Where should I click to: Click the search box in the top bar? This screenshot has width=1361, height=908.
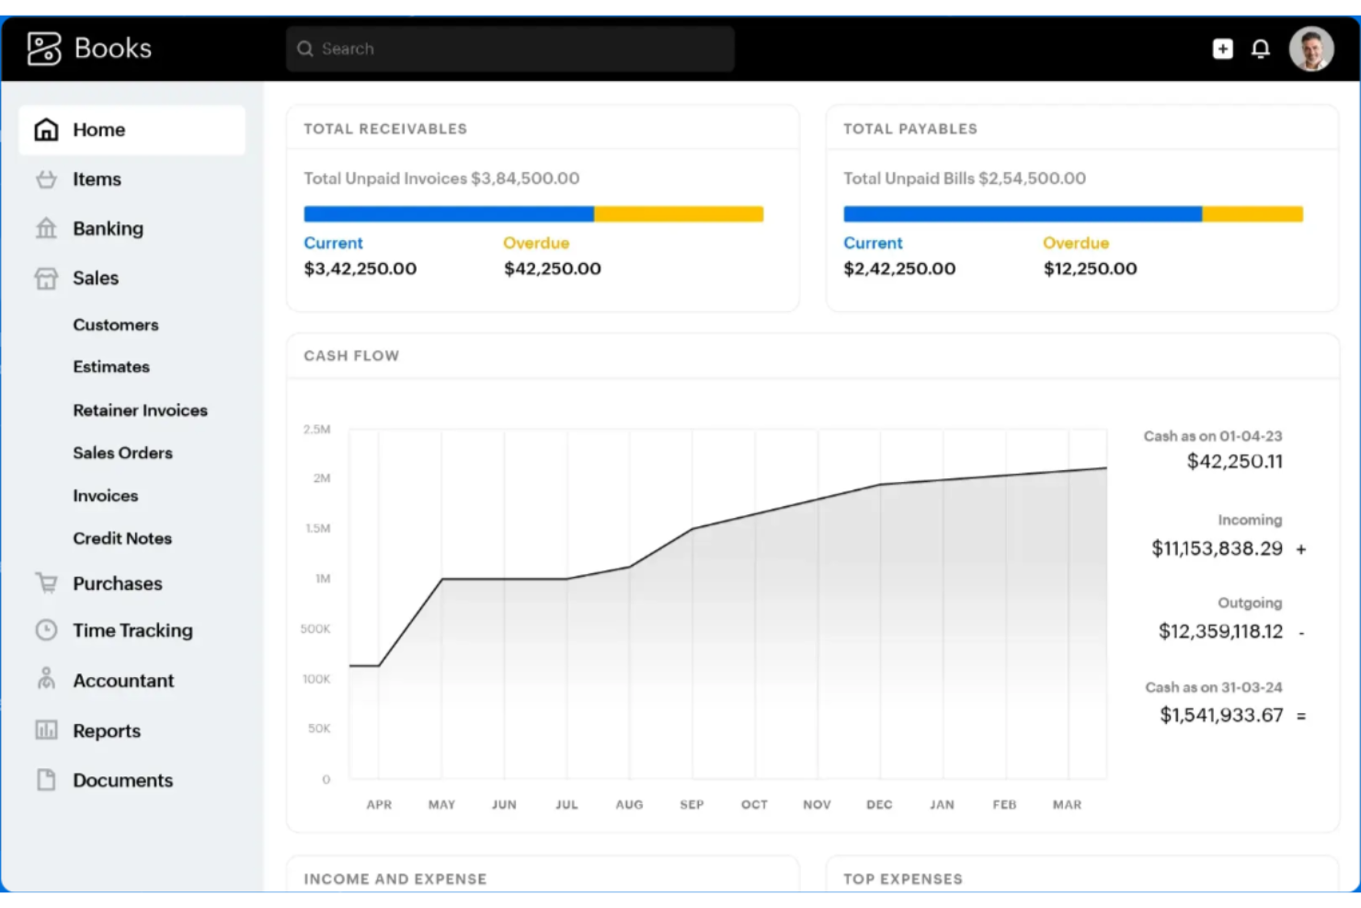510,49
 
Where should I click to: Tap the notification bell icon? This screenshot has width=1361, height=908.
1261,49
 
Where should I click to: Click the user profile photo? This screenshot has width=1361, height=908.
1311,49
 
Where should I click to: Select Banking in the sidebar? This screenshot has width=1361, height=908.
108,228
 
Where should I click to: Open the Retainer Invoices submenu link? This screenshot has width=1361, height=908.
140,410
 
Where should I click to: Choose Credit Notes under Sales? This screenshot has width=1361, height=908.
122,538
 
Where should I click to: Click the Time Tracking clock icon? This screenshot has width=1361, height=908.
46,630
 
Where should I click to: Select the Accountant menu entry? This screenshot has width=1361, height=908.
123,681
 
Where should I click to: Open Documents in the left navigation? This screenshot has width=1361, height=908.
122,780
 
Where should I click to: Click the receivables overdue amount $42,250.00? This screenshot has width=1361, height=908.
552,269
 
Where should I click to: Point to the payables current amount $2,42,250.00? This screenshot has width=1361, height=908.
899,269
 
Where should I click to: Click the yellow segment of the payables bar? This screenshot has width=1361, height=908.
1252,214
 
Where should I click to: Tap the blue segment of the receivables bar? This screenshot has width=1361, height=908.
449,214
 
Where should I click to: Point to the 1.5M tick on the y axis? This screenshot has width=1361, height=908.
318,528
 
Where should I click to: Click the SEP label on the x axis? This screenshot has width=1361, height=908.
692,804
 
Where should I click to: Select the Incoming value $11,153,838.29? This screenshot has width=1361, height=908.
1217,548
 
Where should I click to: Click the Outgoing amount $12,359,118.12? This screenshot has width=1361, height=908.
1220,631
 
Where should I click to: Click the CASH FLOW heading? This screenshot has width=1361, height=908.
351,356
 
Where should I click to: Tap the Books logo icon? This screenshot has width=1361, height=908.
43,49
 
